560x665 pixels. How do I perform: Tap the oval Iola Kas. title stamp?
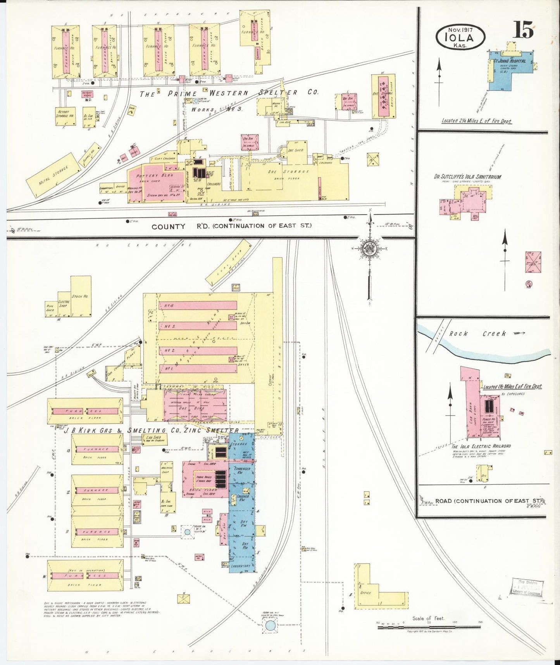[460, 37]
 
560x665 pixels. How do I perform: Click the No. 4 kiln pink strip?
[198, 305]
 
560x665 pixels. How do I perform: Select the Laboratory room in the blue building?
[241, 566]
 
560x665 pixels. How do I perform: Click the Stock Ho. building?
[81, 296]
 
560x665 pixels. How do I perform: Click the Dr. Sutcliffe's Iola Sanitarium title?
[467, 177]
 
